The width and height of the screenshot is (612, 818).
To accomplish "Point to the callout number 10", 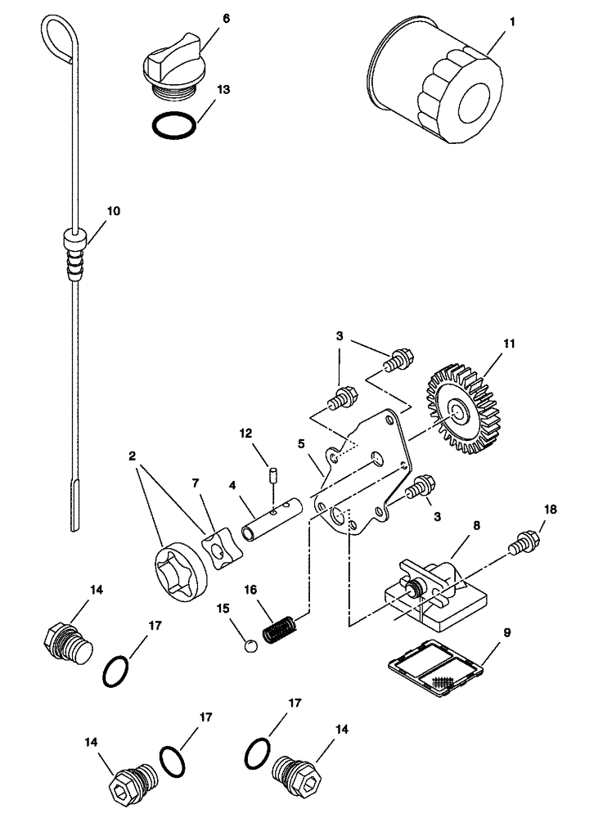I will (112, 210).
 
